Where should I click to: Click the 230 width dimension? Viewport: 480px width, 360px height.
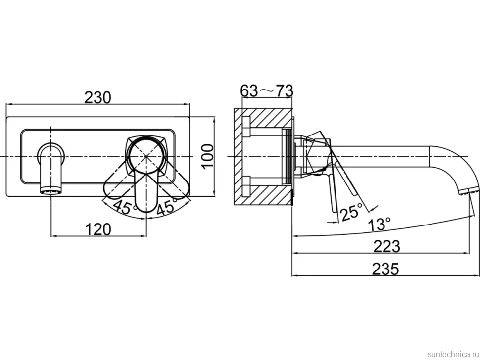click(x=97, y=98)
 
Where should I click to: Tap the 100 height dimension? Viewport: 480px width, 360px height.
click(x=208, y=156)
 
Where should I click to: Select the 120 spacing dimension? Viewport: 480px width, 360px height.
click(x=98, y=229)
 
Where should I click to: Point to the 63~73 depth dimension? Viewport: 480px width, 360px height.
click(x=267, y=91)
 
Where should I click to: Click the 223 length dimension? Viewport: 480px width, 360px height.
click(x=386, y=246)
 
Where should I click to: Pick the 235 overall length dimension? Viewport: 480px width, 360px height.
click(x=385, y=269)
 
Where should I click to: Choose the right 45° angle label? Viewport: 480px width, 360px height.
click(x=167, y=207)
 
